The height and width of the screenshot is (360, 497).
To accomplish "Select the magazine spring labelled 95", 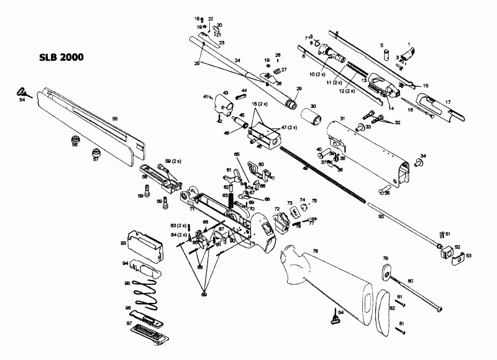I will [x=147, y=292].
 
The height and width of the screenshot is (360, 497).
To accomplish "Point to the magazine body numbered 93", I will [x=146, y=245].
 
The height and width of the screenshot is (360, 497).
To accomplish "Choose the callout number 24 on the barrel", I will [x=237, y=60].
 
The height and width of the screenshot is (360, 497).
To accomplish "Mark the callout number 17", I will [x=447, y=101].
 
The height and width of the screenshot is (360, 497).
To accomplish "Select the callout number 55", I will [x=114, y=117].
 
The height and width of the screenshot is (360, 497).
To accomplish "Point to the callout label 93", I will [x=124, y=244].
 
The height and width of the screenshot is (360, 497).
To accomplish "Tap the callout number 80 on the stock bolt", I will [x=410, y=282].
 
